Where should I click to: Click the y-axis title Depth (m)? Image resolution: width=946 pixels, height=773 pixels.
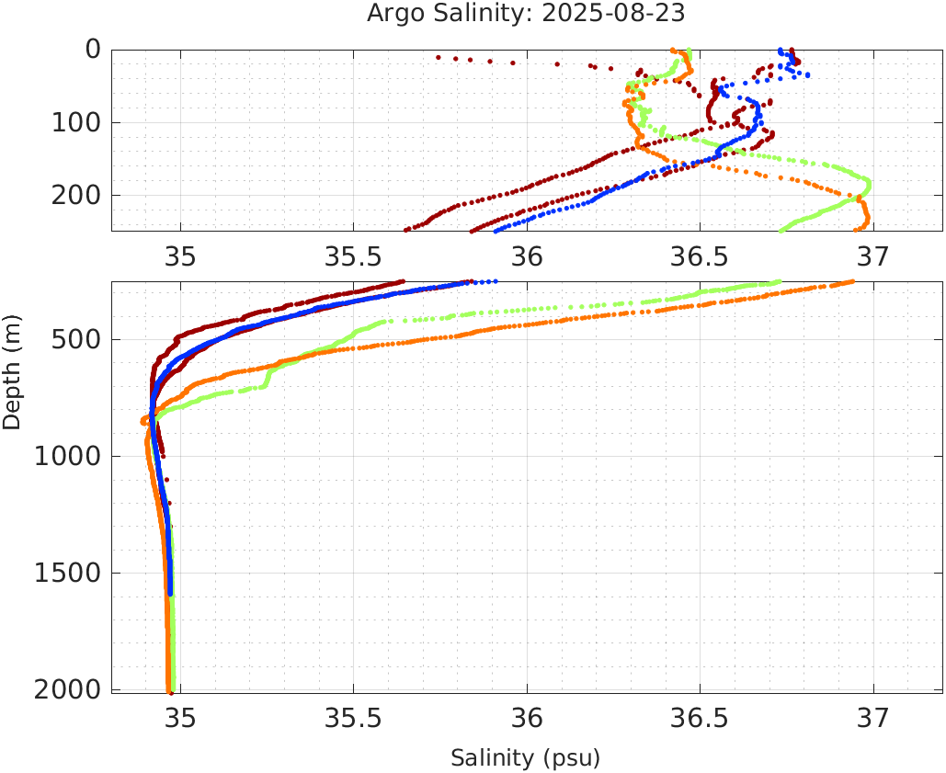tap(12, 369)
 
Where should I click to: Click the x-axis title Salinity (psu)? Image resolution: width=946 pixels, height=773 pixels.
tap(525, 758)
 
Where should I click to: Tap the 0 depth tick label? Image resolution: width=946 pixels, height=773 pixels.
tap(93, 50)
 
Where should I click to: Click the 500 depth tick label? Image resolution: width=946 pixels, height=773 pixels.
tap(74, 340)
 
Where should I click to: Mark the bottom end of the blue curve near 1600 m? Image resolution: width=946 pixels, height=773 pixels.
tap(170, 594)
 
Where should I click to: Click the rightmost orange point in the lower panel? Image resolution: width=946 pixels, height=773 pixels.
tap(853, 282)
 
